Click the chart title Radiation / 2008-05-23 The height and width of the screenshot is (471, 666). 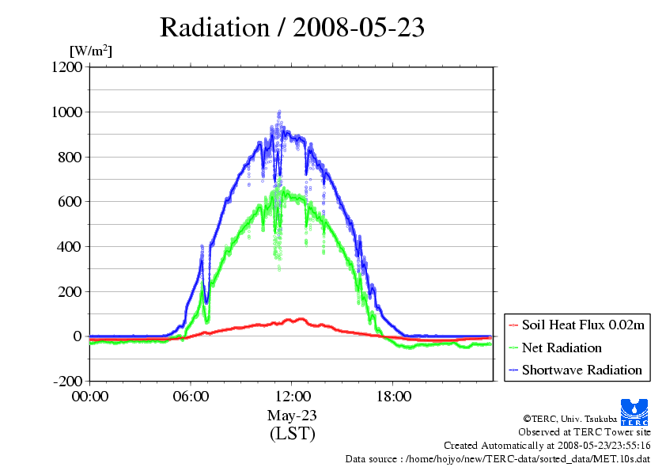292,28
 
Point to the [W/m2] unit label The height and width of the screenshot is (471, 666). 90,51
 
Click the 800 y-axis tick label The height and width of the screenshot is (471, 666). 70,157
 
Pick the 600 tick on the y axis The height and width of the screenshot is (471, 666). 70,202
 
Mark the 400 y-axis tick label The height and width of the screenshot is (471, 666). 70,247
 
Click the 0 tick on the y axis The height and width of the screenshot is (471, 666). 78,336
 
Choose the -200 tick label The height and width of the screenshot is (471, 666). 67,382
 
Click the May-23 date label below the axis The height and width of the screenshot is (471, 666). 292,415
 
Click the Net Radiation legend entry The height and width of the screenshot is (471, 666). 562,348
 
